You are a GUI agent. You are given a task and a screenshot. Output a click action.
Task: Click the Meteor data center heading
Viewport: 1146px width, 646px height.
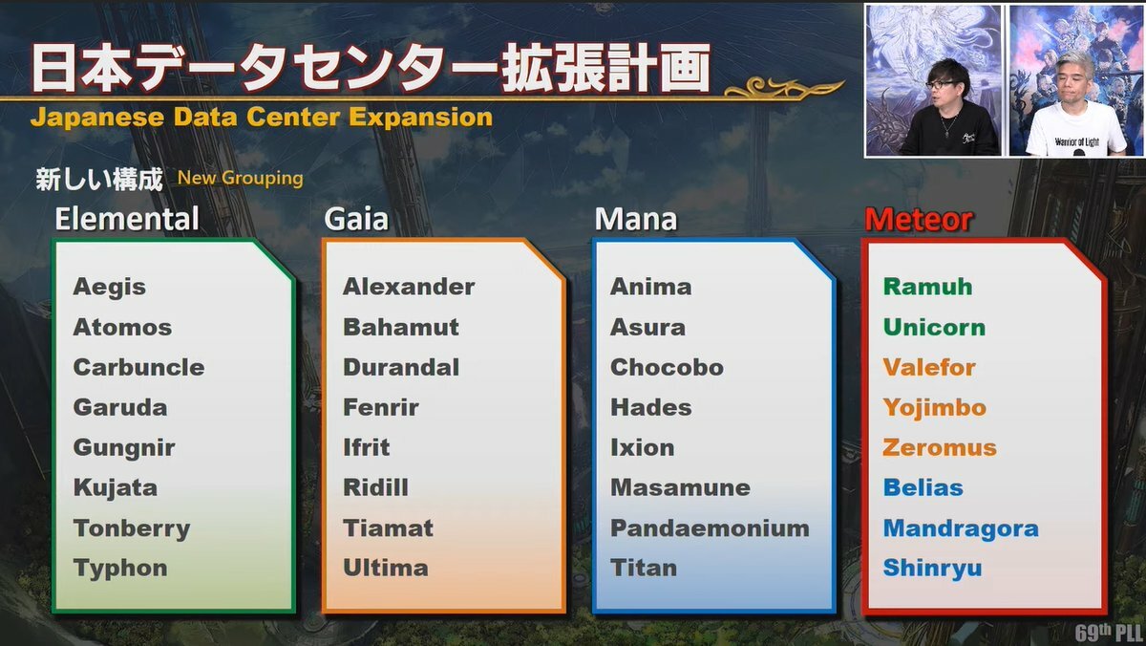click(x=919, y=220)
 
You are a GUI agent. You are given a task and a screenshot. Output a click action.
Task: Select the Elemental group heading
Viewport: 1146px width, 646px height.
click(x=127, y=219)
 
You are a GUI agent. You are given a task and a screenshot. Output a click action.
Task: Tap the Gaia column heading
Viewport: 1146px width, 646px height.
click(x=356, y=219)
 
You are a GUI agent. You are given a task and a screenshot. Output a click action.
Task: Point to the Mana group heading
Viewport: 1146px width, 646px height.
click(x=636, y=219)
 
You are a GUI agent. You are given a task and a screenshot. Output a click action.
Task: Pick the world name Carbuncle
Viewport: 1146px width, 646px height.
click(x=138, y=368)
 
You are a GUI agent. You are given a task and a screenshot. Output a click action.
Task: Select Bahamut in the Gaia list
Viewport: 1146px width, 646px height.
click(x=401, y=328)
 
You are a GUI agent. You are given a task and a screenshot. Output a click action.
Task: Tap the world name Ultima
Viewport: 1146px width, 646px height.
click(x=386, y=569)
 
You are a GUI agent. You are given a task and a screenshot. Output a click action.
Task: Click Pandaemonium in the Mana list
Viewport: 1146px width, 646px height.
click(x=711, y=528)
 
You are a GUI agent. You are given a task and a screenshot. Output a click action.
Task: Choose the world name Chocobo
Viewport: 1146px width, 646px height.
click(x=668, y=368)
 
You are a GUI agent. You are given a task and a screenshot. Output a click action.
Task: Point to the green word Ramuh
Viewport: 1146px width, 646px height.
click(x=927, y=287)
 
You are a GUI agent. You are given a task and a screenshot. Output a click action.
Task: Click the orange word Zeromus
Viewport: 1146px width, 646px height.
click(x=940, y=448)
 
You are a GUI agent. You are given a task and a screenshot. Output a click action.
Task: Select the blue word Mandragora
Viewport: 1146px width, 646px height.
click(x=961, y=528)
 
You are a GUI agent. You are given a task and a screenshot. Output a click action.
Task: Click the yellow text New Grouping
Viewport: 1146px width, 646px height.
click(x=240, y=179)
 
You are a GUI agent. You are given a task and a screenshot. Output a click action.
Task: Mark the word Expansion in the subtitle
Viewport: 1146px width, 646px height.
click(x=420, y=118)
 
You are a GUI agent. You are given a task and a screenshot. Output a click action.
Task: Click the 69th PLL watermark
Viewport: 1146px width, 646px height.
click(x=1108, y=633)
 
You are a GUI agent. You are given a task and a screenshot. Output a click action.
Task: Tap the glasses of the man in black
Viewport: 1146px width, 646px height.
click(x=941, y=84)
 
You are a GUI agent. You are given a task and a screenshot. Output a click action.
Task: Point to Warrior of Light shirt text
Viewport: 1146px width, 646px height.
click(x=1076, y=141)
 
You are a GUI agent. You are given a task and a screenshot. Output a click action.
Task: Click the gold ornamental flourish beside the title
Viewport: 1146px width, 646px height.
click(x=784, y=88)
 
